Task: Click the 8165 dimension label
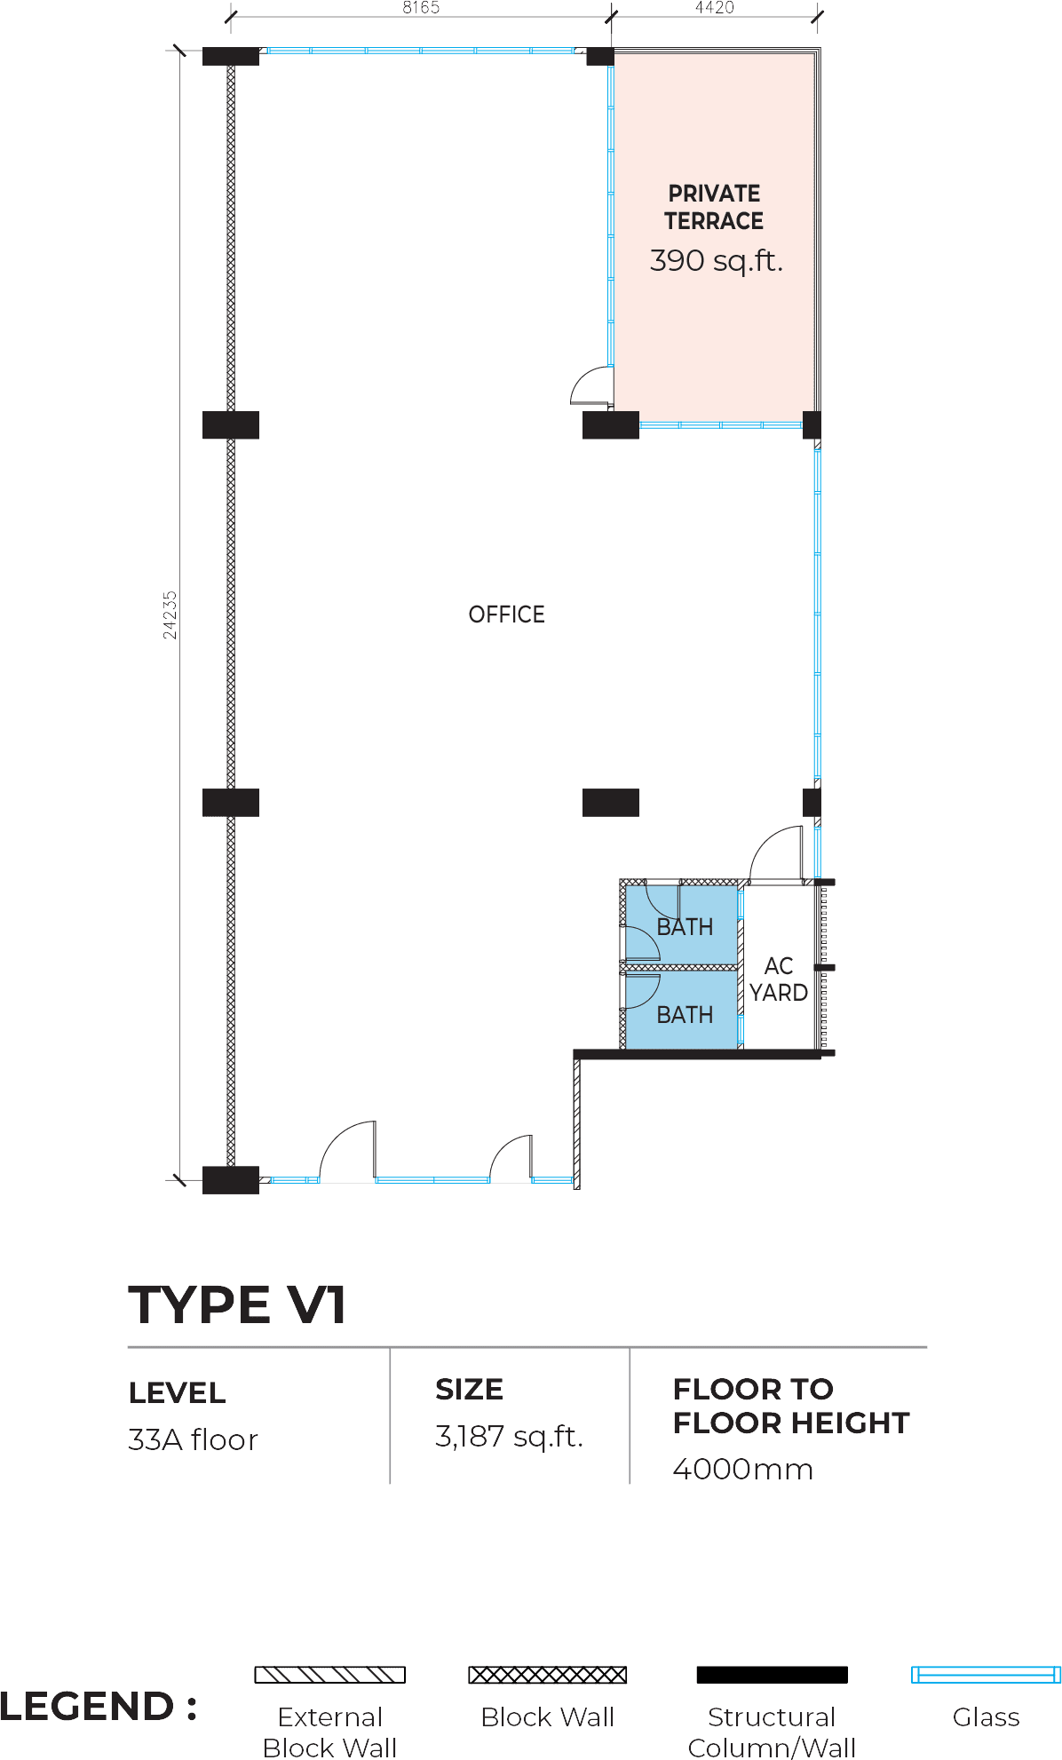[x=421, y=8]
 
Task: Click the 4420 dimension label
[x=715, y=8]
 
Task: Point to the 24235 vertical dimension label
[x=170, y=615]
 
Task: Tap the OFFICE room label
[x=506, y=614]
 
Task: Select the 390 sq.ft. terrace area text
[x=717, y=260]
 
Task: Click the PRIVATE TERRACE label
[x=714, y=207]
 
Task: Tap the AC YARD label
[x=779, y=979]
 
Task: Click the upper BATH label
[x=685, y=927]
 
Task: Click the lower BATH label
[x=685, y=1014]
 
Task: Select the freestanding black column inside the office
[x=611, y=803]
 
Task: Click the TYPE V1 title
[x=237, y=1304]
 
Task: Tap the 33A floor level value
[x=193, y=1439]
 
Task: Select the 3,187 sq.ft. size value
[x=509, y=1436]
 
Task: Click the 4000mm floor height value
[x=742, y=1469]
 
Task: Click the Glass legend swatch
[x=986, y=1675]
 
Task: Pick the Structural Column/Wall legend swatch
[x=773, y=1675]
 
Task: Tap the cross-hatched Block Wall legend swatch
[x=548, y=1675]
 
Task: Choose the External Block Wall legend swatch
[x=330, y=1675]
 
